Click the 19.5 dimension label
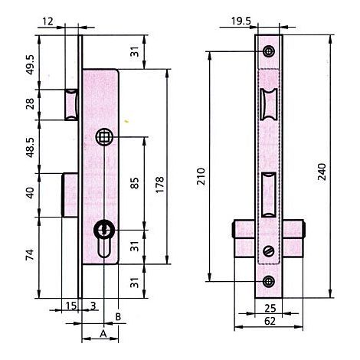(241, 21)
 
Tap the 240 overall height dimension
(322, 172)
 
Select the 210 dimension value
(201, 176)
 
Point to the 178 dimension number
(159, 185)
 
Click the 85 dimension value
(135, 183)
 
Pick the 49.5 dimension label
(30, 65)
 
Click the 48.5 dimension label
(30, 147)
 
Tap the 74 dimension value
(30, 255)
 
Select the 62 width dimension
(270, 321)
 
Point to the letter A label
(103, 334)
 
